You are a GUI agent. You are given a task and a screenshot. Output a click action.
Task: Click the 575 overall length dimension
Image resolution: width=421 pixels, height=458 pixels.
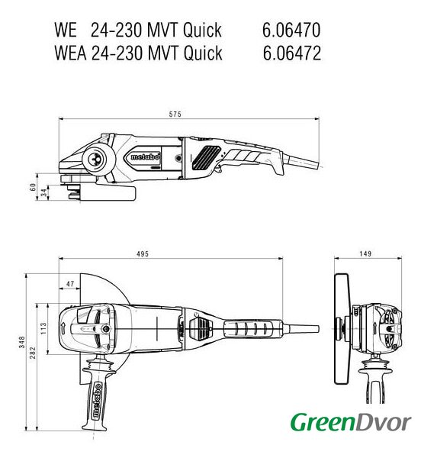[x=175, y=114]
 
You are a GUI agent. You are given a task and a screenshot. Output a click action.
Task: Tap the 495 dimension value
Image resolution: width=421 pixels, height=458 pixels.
[x=143, y=254]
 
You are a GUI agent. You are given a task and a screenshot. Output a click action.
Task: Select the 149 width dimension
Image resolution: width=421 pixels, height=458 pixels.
[x=365, y=253]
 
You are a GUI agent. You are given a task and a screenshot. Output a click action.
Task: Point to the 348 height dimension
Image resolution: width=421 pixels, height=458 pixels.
[x=22, y=342]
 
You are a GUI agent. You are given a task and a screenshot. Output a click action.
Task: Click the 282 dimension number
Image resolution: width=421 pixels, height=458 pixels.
[x=32, y=353]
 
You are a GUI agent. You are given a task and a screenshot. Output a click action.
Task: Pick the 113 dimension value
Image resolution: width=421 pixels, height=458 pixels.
[x=43, y=328]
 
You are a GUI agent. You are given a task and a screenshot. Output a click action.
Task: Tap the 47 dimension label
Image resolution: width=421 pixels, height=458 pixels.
[x=70, y=284]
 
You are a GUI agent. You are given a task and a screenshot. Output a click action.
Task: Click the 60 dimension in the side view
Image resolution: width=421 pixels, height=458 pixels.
[x=33, y=187]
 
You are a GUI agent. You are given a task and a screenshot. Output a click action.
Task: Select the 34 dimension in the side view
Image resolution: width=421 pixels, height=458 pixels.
[x=43, y=192]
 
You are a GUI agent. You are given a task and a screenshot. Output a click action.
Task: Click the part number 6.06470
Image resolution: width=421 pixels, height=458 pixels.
[x=291, y=30]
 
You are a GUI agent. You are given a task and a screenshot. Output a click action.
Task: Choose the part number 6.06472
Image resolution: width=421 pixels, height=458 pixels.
[x=292, y=53]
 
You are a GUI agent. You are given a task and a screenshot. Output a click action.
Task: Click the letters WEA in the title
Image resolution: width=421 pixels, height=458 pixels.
[x=70, y=53]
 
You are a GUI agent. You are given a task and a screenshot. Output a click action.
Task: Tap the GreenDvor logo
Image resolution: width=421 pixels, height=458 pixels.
[x=351, y=422]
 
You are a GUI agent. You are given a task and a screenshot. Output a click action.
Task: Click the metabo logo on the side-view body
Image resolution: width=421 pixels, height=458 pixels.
[x=146, y=156]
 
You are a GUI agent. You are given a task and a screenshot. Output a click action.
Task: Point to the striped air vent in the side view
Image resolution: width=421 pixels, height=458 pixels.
[x=206, y=157]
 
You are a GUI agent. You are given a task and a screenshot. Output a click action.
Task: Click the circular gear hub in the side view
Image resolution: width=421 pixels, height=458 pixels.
[x=95, y=160]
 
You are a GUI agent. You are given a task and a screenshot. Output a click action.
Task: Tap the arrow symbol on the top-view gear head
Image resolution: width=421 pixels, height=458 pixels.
[x=63, y=328]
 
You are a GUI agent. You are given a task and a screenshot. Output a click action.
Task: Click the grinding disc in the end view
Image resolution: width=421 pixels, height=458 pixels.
[x=342, y=328]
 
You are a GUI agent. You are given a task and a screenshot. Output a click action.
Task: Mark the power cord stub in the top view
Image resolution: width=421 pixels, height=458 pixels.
[x=300, y=328]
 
